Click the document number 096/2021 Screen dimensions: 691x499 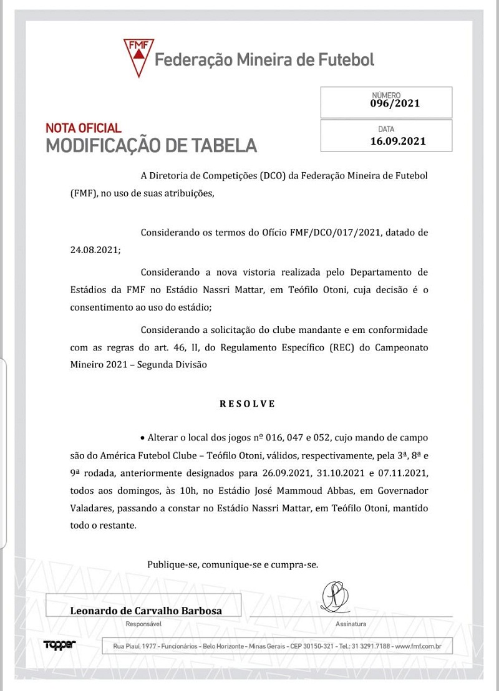[x=395, y=104]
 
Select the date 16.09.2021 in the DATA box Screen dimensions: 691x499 [x=398, y=141]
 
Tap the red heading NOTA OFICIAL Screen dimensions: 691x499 [x=84, y=128]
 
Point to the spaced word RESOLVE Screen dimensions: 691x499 [x=247, y=403]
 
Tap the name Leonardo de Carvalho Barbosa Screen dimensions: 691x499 [x=146, y=611]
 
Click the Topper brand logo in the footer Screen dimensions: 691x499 [x=59, y=644]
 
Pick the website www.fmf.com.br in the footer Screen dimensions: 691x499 [x=419, y=646]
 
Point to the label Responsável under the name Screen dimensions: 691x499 [x=143, y=624]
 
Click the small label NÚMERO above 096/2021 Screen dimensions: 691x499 [x=386, y=95]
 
